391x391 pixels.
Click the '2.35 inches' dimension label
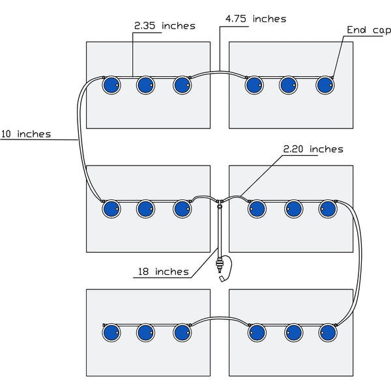164,25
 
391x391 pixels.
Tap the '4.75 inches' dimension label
255,19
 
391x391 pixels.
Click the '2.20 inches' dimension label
313,149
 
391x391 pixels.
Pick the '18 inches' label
163,271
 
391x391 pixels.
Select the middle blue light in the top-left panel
145,84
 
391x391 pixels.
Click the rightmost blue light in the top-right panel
325,84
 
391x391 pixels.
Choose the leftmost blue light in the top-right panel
253,84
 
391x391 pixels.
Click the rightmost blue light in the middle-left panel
182,209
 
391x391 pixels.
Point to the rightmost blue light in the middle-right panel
327,209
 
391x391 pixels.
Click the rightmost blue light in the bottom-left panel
182,332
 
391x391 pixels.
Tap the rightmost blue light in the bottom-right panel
327,332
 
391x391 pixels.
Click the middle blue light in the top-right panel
289,84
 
